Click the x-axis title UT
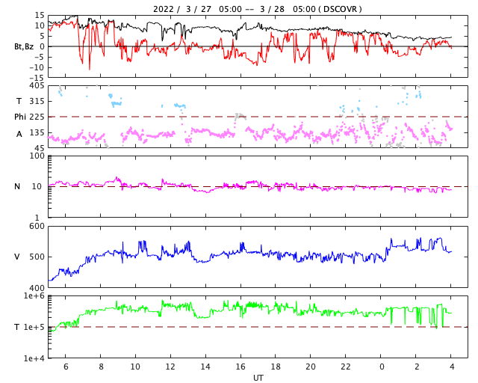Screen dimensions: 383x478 click(x=258, y=378)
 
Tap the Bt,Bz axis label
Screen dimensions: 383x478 click(x=24, y=46)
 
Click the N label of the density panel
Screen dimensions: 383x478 click(x=17, y=186)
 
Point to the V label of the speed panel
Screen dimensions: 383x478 click(x=17, y=257)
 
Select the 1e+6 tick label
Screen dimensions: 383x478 click(x=34, y=296)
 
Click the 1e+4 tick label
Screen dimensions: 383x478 click(x=34, y=358)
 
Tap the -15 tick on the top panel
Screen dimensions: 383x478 click(x=35, y=78)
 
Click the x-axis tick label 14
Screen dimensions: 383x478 click(x=205, y=367)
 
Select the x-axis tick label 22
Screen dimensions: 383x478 click(x=346, y=367)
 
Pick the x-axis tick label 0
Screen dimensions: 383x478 click(x=382, y=367)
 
